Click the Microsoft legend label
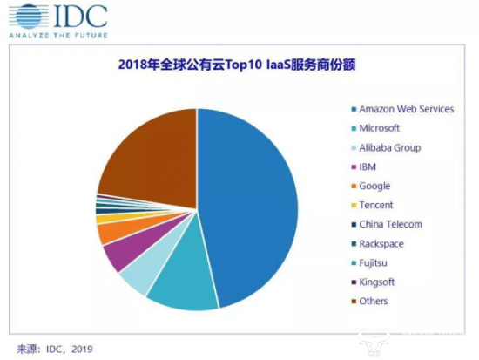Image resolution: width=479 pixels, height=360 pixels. pos(379,128)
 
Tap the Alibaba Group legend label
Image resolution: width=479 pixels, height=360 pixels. pos(389,147)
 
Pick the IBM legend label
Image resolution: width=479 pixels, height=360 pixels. pos(368,166)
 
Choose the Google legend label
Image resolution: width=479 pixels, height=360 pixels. pos(374,186)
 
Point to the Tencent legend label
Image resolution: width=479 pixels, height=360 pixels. pos(376,205)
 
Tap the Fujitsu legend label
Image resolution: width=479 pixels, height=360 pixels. pos(374,263)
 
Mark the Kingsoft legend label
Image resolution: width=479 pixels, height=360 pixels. pos(378,282)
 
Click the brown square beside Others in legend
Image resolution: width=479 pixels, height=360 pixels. pos(351,302)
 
